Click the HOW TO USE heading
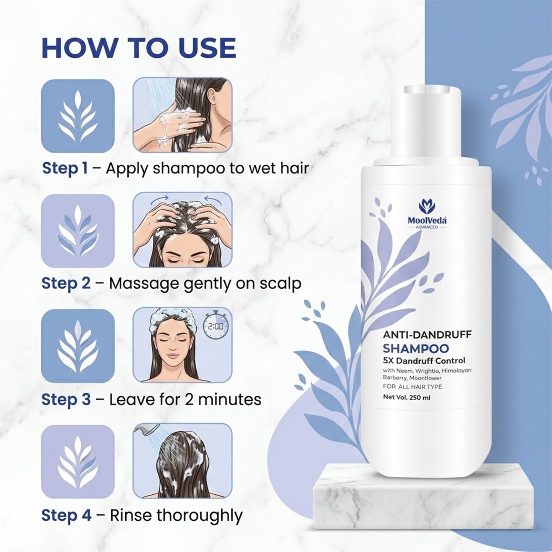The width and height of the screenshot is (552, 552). tap(138, 48)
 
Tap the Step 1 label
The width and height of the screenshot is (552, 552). tap(65, 168)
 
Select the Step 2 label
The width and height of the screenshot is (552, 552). tap(66, 284)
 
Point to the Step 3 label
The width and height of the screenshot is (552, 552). tap(66, 400)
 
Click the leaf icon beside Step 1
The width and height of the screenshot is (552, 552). tap(78, 116)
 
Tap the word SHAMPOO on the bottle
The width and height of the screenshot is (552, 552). tap(416, 348)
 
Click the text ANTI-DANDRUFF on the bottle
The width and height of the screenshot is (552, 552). tap(427, 335)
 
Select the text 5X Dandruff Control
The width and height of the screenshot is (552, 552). tap(424, 361)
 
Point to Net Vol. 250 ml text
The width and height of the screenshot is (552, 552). tap(406, 397)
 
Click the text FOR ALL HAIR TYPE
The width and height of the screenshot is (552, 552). tap(412, 387)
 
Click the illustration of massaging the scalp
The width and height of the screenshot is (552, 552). tap(182, 230)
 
